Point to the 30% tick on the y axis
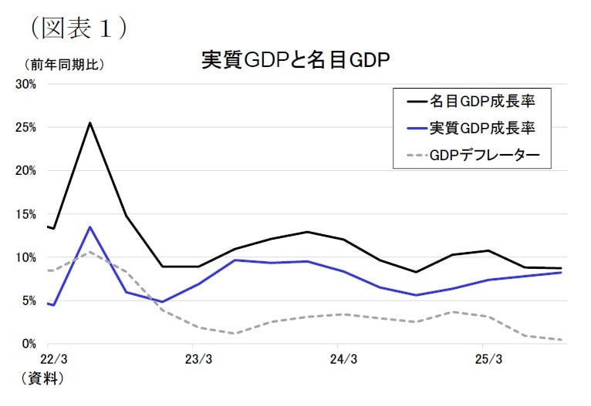coord(26,84)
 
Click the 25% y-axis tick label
coord(26,127)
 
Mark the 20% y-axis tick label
coord(26,170)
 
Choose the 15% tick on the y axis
coord(26,214)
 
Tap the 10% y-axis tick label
coord(26,257)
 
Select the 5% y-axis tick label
coord(29,300)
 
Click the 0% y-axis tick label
coord(29,344)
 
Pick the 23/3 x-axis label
coord(198,359)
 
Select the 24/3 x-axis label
coord(343,359)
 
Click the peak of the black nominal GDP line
coord(90,122)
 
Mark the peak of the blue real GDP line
coord(90,227)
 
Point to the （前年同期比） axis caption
coord(64,65)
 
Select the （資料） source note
coord(38,379)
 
